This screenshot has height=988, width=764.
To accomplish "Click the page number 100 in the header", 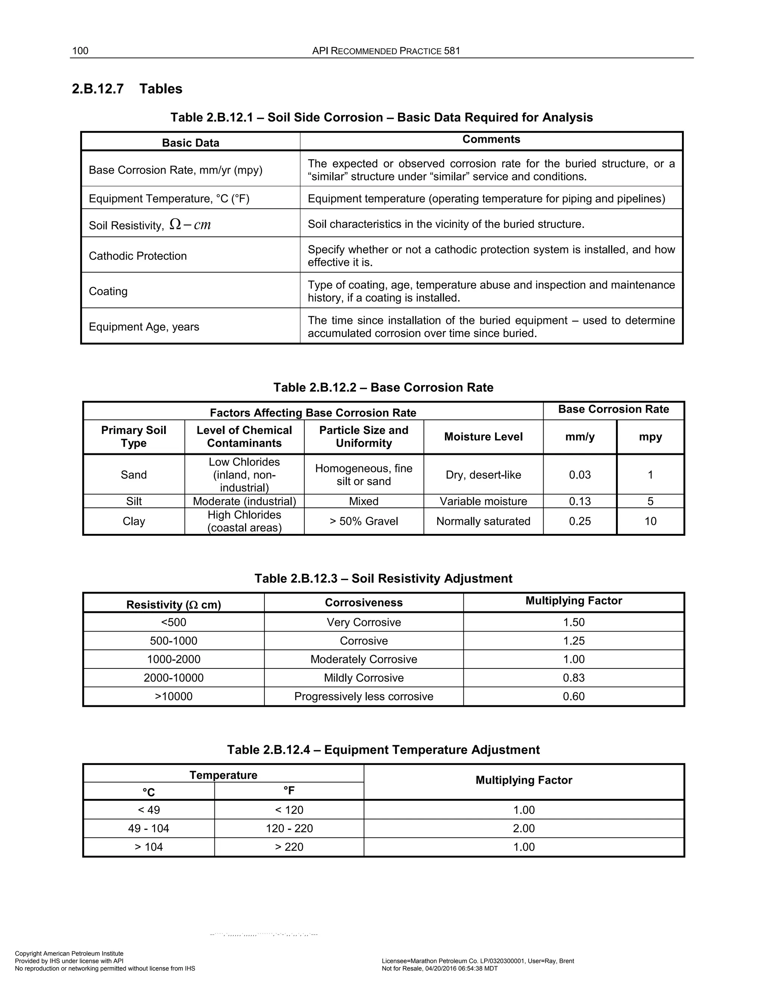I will pyautogui.click(x=80, y=51).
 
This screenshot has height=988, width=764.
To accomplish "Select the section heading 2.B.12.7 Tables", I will pyautogui.click(x=127, y=89).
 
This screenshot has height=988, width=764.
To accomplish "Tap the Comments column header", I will pyautogui.click(x=491, y=139).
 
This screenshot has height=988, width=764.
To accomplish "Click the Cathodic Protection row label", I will pyautogui.click(x=138, y=256).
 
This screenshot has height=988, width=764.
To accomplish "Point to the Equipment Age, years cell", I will pyautogui.click(x=144, y=327).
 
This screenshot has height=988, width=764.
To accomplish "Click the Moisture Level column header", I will pyautogui.click(x=483, y=437).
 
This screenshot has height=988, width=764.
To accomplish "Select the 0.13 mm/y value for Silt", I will pyautogui.click(x=580, y=501).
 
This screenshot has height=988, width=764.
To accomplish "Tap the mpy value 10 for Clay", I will pyautogui.click(x=650, y=521).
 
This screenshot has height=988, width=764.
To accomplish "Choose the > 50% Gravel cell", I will pyautogui.click(x=364, y=521).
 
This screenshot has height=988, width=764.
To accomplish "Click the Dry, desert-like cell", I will pyautogui.click(x=483, y=475).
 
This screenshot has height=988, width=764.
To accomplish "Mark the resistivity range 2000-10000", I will pyautogui.click(x=174, y=678).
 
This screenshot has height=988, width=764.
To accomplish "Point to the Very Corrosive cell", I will pyautogui.click(x=364, y=622).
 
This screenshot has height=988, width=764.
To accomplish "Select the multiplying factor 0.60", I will pyautogui.click(x=574, y=696).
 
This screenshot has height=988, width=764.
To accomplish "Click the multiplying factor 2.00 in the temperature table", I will pyautogui.click(x=524, y=828).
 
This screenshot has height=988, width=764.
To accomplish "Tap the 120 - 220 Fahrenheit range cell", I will pyautogui.click(x=289, y=828).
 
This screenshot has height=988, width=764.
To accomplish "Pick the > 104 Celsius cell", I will pyautogui.click(x=149, y=847).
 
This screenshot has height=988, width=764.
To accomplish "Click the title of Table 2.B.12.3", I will pyautogui.click(x=383, y=579).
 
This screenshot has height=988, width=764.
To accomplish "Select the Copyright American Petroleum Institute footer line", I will pyautogui.click(x=69, y=954).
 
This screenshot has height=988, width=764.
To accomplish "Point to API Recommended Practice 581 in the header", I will pyautogui.click(x=386, y=51).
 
